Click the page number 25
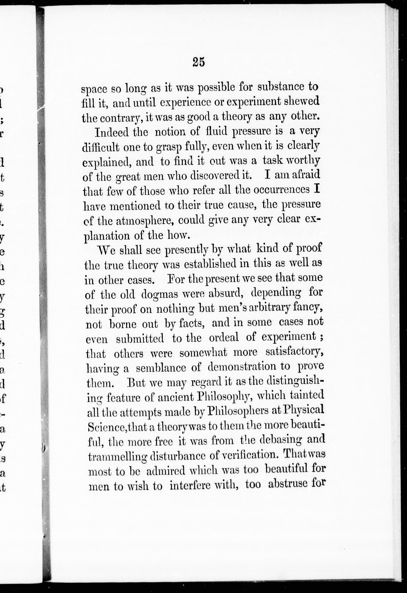tap(199, 62)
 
